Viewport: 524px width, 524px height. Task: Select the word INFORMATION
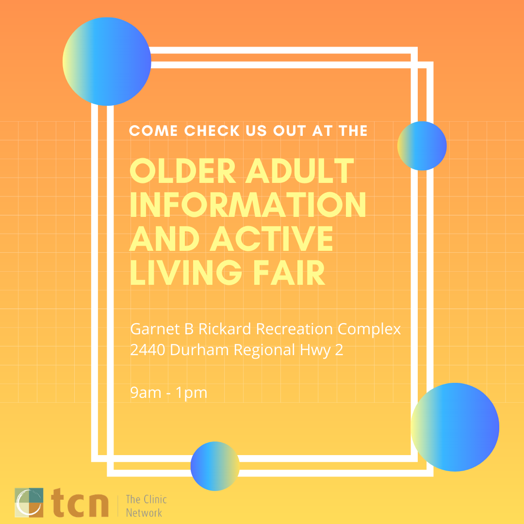[248, 205]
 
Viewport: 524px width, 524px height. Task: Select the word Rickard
[224, 329]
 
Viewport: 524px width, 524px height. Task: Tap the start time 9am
[145, 393]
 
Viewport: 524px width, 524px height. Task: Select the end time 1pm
[192, 393]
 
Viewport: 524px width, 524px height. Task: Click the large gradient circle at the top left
[107, 62]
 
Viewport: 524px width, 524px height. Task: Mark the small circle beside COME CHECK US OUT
[422, 146]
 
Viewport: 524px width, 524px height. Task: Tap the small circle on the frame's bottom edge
[215, 466]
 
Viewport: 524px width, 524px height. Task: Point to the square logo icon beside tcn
[29, 503]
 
